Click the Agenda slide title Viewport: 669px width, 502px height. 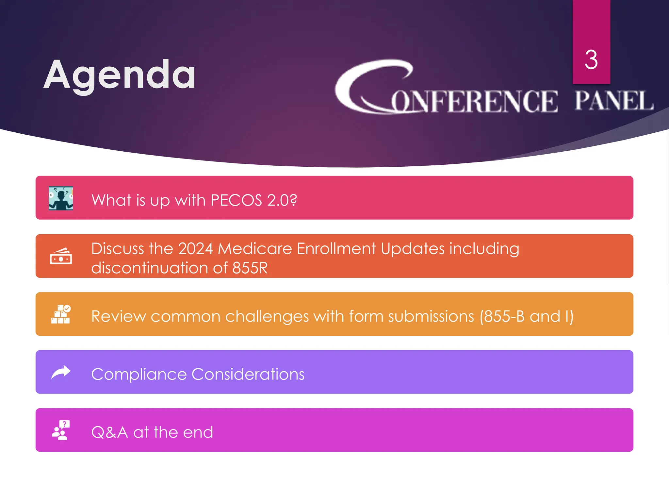[120, 76]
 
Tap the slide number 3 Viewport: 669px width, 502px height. [591, 60]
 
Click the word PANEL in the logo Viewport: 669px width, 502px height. [613, 101]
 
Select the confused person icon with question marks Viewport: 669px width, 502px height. [61, 198]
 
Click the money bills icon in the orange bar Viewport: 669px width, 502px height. [61, 256]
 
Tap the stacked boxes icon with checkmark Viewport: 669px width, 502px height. [61, 314]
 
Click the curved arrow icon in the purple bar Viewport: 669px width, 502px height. [61, 372]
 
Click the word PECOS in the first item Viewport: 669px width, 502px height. [236, 200]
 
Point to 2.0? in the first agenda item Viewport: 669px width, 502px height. [282, 200]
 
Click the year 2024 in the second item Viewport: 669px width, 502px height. [195, 249]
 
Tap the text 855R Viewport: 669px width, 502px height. [250, 268]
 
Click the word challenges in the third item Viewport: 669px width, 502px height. [267, 316]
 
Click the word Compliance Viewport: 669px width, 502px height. [139, 374]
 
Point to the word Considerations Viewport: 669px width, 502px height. [248, 374]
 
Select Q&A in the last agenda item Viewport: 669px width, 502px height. [109, 432]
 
